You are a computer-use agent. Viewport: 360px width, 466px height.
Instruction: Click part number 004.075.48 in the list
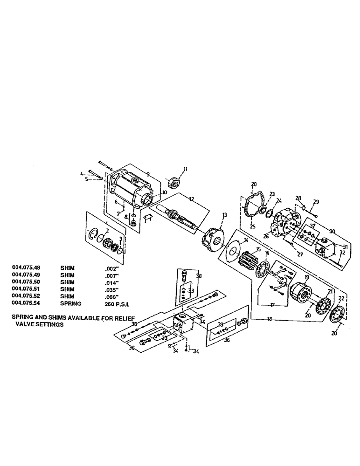click(27, 267)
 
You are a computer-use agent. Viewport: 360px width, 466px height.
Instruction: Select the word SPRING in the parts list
click(70, 303)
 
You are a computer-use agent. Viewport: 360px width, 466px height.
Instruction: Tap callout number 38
click(200, 275)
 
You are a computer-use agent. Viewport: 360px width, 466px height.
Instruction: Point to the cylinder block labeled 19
click(299, 296)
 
